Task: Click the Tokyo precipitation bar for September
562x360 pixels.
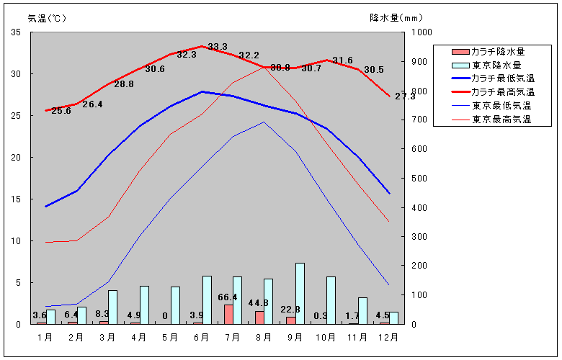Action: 300,294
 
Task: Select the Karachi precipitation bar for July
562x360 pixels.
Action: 228,315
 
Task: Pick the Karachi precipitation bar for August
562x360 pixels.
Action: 259,318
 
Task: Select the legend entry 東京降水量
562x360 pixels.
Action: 498,65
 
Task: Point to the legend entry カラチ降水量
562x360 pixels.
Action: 498,51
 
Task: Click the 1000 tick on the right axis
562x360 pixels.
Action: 421,32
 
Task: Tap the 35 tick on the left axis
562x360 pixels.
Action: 17,32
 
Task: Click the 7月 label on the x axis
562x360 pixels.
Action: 231,336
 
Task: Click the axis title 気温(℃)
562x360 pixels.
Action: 47,18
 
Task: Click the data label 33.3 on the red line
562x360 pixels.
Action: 217,47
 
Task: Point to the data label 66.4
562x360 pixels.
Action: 228,297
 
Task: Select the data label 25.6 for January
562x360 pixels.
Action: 61,111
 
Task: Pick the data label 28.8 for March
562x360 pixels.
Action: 124,84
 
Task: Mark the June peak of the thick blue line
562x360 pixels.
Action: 202,91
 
